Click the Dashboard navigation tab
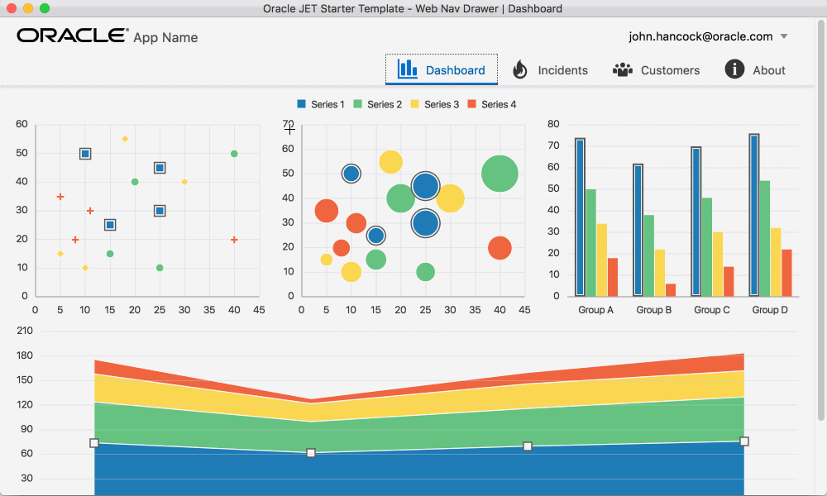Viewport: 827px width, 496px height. point(442,69)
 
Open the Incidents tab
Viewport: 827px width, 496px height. point(550,69)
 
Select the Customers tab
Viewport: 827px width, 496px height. point(656,69)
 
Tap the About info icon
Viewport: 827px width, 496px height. point(734,69)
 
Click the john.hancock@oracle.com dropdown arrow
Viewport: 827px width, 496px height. point(784,36)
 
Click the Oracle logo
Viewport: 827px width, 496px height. point(73,36)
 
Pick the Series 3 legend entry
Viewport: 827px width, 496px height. point(435,104)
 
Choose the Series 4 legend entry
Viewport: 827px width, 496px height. point(491,104)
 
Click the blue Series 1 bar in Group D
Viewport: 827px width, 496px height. point(754,215)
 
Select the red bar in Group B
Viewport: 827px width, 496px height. point(671,290)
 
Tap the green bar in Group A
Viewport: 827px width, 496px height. point(590,242)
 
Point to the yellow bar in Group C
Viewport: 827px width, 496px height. point(717,264)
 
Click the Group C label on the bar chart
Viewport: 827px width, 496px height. point(711,310)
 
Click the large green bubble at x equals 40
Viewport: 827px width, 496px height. point(500,174)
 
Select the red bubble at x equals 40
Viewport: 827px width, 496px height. point(500,248)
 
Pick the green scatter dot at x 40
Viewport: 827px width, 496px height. point(234,154)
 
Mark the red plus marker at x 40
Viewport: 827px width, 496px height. point(234,240)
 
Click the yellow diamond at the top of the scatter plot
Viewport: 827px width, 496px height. point(125,139)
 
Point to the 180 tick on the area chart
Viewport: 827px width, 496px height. point(25,355)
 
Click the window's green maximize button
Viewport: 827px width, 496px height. point(45,8)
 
